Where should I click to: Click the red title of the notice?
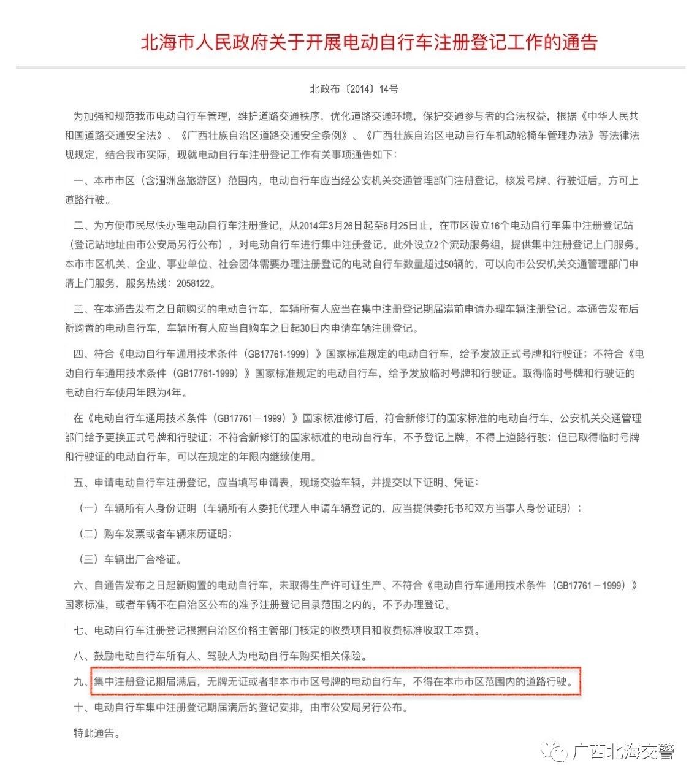[368, 42]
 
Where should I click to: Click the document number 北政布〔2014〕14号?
[354, 89]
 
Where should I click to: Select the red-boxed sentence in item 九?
[334, 681]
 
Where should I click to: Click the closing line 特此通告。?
[97, 733]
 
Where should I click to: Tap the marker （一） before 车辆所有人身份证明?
[89, 508]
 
